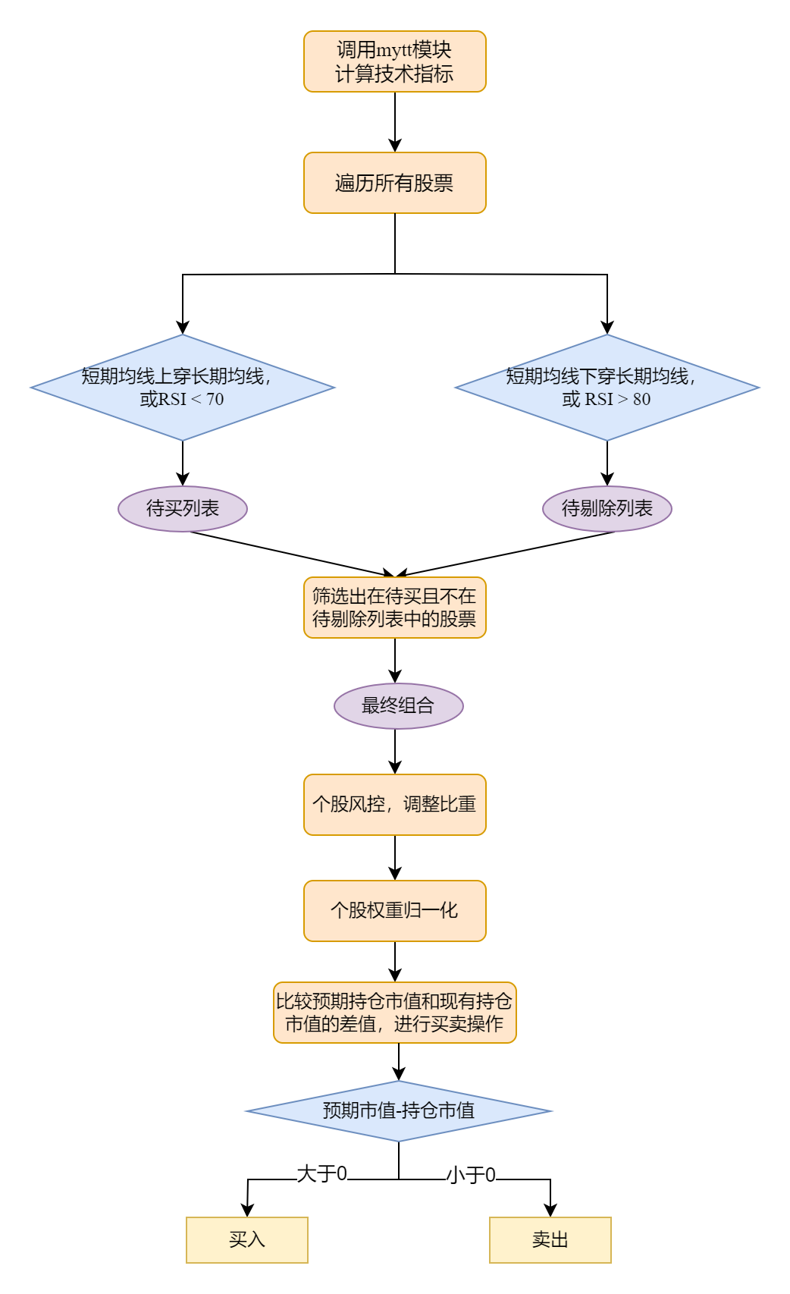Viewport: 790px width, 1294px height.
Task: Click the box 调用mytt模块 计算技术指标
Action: [x=394, y=61]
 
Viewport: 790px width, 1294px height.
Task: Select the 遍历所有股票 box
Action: [x=394, y=183]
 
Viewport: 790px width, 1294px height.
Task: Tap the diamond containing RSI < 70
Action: [x=182, y=388]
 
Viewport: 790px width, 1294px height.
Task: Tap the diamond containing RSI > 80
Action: [x=607, y=388]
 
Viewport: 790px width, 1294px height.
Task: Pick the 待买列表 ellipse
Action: [x=183, y=508]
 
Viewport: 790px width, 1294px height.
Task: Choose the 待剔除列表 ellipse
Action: [x=607, y=508]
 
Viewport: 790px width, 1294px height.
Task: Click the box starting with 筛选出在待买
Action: [x=394, y=608]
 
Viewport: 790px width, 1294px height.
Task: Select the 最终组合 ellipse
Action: [x=398, y=706]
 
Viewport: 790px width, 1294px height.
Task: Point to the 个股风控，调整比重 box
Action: [x=394, y=805]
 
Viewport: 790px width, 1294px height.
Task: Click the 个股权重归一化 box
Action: [x=394, y=911]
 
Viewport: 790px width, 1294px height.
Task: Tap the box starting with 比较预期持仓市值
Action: [x=394, y=1013]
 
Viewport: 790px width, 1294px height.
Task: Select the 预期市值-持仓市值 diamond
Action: [x=399, y=1111]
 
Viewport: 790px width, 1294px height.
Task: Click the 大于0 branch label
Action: [x=322, y=1174]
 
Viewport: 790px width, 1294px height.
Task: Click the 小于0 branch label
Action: [x=471, y=1176]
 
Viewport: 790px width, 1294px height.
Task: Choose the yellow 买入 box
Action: [x=247, y=1240]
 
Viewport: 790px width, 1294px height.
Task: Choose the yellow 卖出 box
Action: [x=550, y=1240]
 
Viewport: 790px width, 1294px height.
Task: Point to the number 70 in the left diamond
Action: [x=215, y=400]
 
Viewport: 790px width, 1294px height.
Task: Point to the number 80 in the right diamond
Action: [x=641, y=400]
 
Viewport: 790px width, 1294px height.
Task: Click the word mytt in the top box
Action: [x=393, y=50]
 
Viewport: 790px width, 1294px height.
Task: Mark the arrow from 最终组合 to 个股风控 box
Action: [x=395, y=752]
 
